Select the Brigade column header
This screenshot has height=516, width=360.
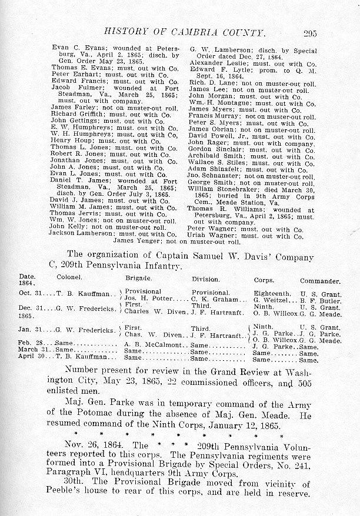coord(139,280)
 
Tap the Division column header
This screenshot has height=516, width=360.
coord(205,280)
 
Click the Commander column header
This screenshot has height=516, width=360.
coord(320,282)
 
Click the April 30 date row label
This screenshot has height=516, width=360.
coord(31,356)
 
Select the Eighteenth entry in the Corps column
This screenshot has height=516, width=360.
coord(272,292)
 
